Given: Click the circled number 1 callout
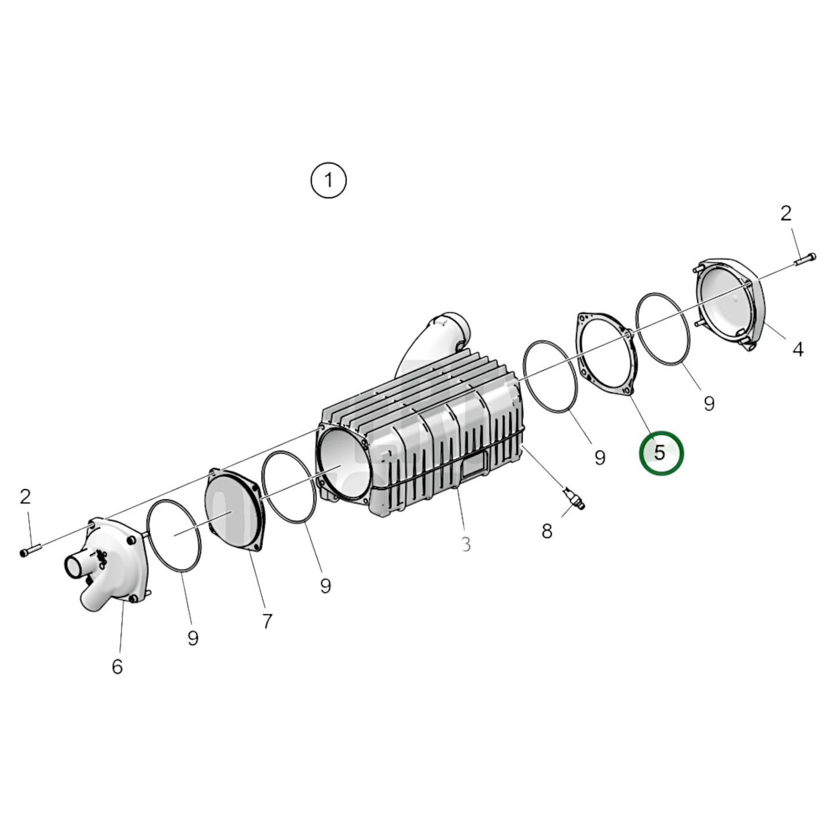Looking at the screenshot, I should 329,181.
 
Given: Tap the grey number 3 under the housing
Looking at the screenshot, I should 466,544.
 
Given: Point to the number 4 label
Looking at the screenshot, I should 798,349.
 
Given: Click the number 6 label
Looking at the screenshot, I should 117,667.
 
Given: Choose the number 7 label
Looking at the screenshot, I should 267,621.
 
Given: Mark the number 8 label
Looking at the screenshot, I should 547,531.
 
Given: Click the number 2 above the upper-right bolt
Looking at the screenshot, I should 785,214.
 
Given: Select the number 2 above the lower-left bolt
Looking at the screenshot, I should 25,496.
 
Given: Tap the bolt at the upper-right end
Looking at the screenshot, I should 806,259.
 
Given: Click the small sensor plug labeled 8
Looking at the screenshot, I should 573,498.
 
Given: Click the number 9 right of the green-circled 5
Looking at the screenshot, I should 709,403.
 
